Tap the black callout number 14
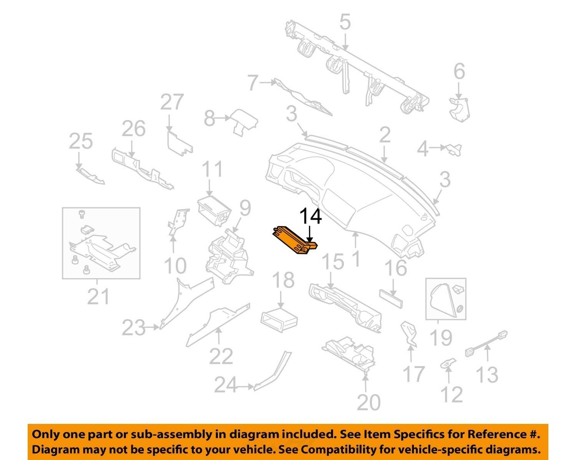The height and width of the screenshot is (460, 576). point(311,216)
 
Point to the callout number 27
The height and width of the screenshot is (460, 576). point(172,102)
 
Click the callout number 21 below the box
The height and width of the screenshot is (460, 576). point(98,297)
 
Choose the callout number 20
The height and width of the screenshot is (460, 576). point(369,402)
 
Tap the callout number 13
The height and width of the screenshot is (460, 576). point(487,375)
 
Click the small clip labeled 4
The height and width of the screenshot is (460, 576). point(454,149)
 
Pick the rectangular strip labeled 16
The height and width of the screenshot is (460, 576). point(391,299)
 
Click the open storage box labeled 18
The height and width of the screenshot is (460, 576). point(279,320)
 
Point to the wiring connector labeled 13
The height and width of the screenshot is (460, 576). point(486,344)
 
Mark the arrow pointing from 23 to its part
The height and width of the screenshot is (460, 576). point(152,327)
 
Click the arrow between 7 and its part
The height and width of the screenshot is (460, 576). point(268,83)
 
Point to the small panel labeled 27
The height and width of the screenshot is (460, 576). point(179,143)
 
